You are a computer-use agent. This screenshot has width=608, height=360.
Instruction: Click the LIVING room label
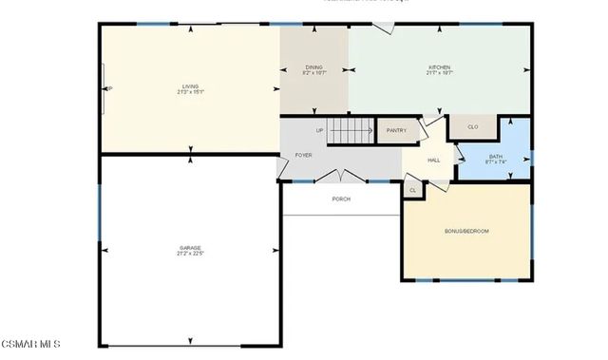coord(190,86)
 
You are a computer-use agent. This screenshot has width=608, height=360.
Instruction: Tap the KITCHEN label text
coord(439,67)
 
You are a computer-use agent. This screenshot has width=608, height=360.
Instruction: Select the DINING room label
coord(313,67)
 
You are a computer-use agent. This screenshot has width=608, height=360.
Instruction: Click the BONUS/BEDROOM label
coord(466,231)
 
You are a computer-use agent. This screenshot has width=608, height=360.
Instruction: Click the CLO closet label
coord(472,126)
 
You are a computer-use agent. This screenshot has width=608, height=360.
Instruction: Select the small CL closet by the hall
coord(412,190)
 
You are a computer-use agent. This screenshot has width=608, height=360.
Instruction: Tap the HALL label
coord(433,160)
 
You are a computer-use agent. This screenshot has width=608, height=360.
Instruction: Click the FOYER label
coord(303,154)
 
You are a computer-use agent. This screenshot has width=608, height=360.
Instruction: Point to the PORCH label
coord(341,199)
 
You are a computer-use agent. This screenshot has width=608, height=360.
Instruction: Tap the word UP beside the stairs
coord(319,130)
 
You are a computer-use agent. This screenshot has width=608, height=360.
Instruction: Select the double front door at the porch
coord(340,177)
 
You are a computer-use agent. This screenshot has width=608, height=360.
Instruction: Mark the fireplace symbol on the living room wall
coord(105,89)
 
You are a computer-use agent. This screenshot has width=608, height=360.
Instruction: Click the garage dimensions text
coord(190,254)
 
